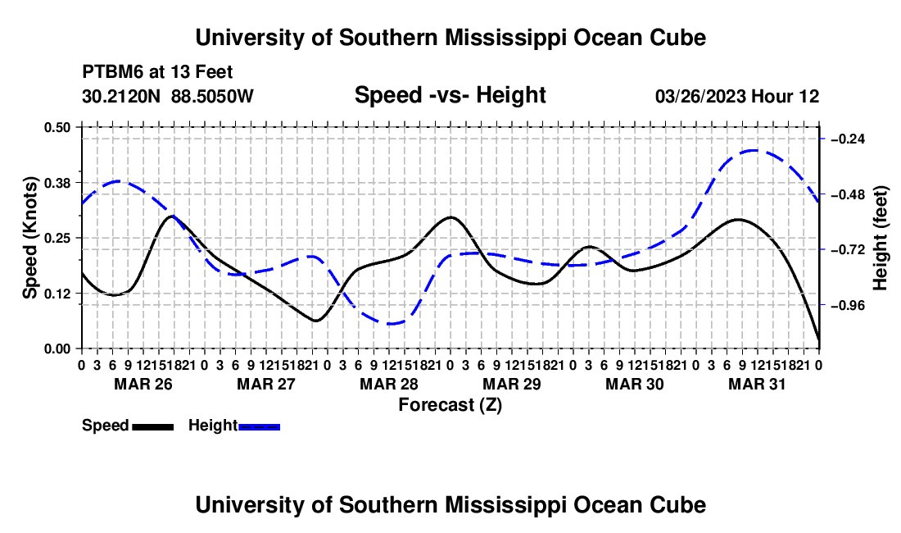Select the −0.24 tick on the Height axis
click(x=848, y=139)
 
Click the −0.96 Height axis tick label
click(x=848, y=305)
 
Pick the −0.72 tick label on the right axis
click(x=848, y=249)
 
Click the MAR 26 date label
click(x=143, y=384)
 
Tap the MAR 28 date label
click(x=389, y=384)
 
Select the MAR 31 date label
click(x=757, y=384)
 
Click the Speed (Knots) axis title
click(x=29, y=238)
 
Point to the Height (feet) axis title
click(x=880, y=239)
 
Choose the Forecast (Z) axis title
click(x=450, y=405)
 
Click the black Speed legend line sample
click(x=153, y=426)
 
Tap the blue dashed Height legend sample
click(x=259, y=426)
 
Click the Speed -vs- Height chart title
click(x=450, y=95)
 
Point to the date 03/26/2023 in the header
click(x=700, y=96)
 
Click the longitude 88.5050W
click(x=212, y=96)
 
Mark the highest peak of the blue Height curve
click(x=754, y=151)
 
